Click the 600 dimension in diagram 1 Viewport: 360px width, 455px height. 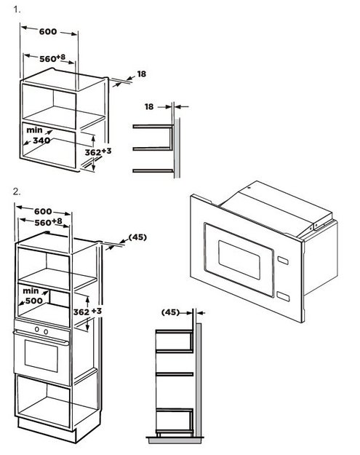coord(48,31)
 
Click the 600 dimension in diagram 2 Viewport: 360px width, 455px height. coord(43,211)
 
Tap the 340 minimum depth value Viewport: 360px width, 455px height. coord(41,141)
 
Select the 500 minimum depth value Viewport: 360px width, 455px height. coord(34,301)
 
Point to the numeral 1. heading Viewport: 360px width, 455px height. coord(17,9)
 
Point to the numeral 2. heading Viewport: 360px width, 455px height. coord(17,191)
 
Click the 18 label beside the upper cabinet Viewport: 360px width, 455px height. coord(141,74)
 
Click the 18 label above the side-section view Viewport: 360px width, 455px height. coord(149,107)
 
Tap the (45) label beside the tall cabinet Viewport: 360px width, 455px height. coord(137,237)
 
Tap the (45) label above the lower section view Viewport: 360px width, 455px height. coord(170,312)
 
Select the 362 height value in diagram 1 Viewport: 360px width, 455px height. coord(93,152)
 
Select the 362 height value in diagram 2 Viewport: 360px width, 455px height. coord(81,312)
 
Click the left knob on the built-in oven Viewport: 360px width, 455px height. coord(37,329)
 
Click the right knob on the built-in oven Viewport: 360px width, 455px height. coord(46,331)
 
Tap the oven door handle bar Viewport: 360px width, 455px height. coord(41,338)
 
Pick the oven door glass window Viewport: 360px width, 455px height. coord(41,356)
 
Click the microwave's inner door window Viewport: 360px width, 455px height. coord(239,260)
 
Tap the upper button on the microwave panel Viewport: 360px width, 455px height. coord(283,261)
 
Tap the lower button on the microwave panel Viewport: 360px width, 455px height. coord(283,296)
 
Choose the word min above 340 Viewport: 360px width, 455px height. coord(34,130)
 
